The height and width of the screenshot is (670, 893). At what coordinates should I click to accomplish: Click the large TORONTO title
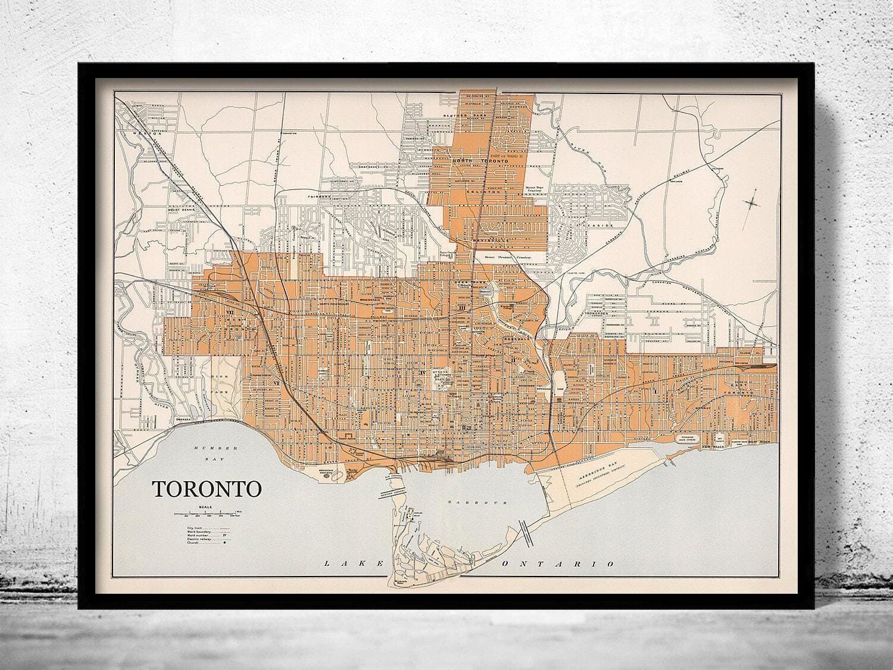[x=208, y=488]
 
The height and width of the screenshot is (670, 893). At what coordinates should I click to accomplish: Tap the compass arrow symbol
[x=753, y=202]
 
